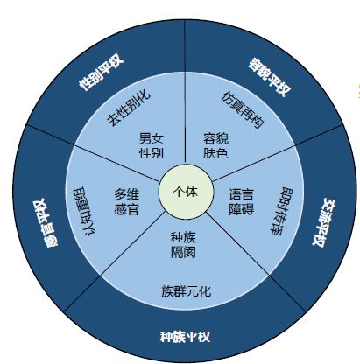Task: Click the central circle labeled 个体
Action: [186, 192]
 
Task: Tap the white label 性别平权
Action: [102, 73]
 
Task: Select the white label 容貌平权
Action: [270, 77]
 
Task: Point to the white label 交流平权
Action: [323, 222]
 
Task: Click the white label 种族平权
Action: [185, 337]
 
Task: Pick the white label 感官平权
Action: [46, 223]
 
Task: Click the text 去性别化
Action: [129, 108]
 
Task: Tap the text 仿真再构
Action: [243, 109]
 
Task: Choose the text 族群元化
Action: [186, 291]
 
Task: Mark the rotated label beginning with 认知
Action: [85, 211]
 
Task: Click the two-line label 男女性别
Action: [151, 146]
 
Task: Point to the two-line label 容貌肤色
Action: [215, 146]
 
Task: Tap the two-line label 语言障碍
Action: [241, 202]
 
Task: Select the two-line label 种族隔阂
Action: [183, 245]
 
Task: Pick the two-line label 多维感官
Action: [126, 202]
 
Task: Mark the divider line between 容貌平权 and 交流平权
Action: [278, 153]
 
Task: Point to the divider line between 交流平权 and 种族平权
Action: [256, 262]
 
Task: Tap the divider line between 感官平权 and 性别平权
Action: [93, 153]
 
